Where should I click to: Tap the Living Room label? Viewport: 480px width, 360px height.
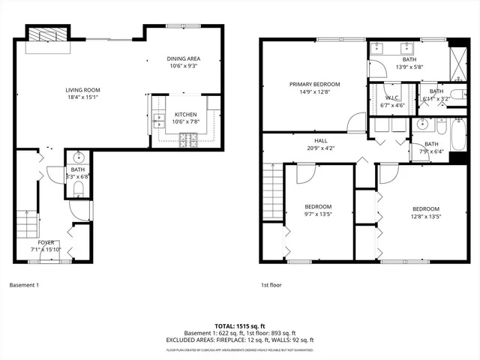tap(82, 93)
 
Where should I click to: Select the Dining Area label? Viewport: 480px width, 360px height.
tap(183, 61)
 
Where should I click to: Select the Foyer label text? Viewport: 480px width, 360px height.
tap(46, 242)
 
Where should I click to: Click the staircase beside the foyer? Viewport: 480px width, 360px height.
tap(26, 225)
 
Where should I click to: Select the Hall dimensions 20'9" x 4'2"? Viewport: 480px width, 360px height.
tap(319, 148)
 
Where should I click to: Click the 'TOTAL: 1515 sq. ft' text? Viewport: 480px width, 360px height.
tap(240, 325)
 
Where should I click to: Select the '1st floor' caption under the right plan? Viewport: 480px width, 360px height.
tap(271, 285)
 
